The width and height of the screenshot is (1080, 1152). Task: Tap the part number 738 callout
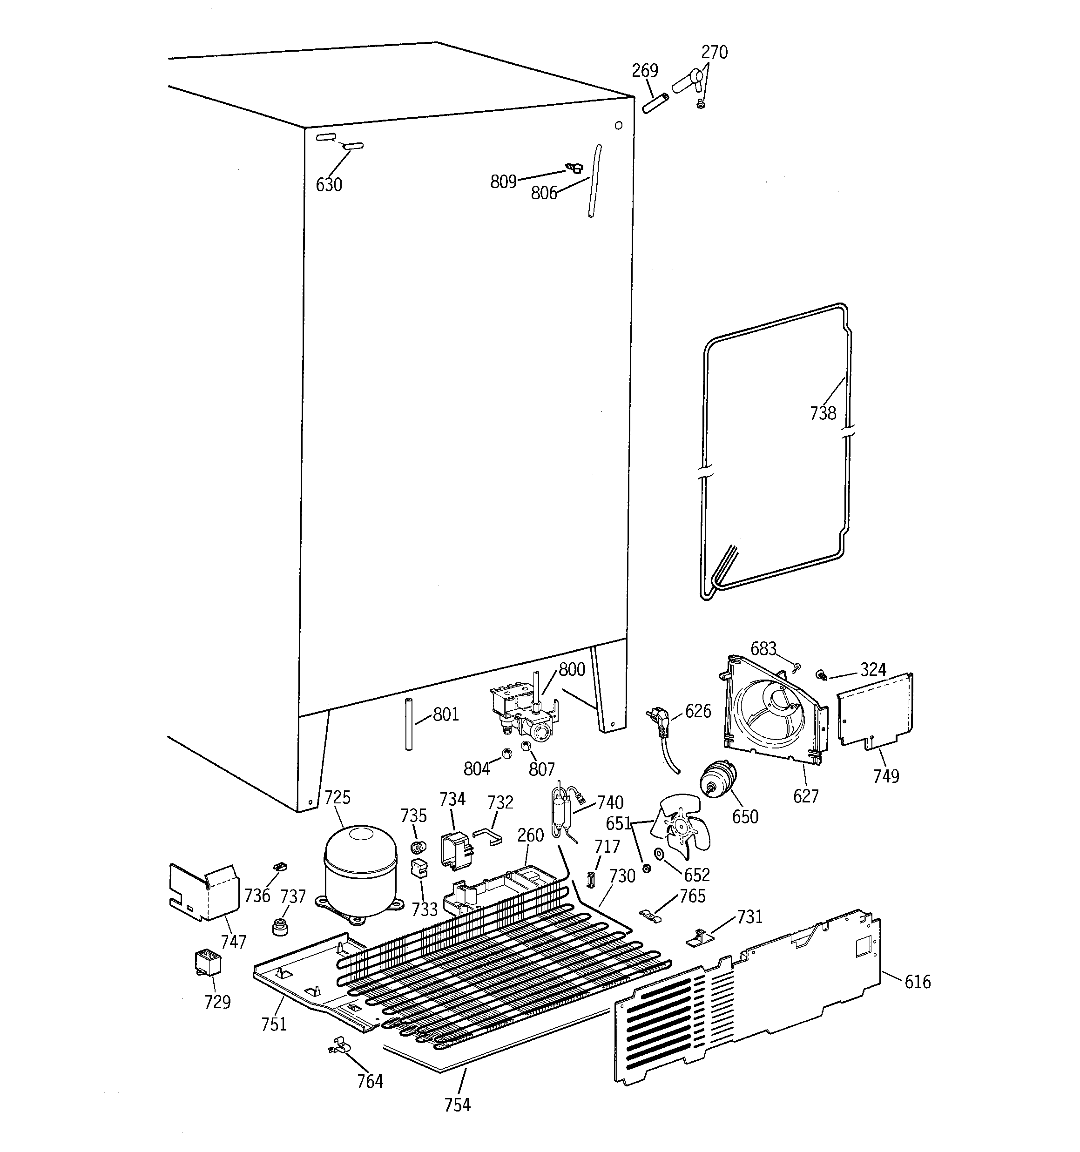[x=823, y=413]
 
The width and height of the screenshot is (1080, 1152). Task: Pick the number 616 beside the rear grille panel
[x=917, y=982]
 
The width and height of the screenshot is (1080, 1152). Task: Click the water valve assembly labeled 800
[x=525, y=712]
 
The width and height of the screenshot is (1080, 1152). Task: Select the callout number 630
[x=329, y=185]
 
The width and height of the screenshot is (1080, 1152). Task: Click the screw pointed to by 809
[x=574, y=168]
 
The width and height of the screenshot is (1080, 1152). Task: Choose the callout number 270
[x=714, y=53]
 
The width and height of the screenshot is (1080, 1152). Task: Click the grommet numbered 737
[x=281, y=926]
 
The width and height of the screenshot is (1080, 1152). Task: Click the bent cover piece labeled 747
[x=204, y=892]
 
